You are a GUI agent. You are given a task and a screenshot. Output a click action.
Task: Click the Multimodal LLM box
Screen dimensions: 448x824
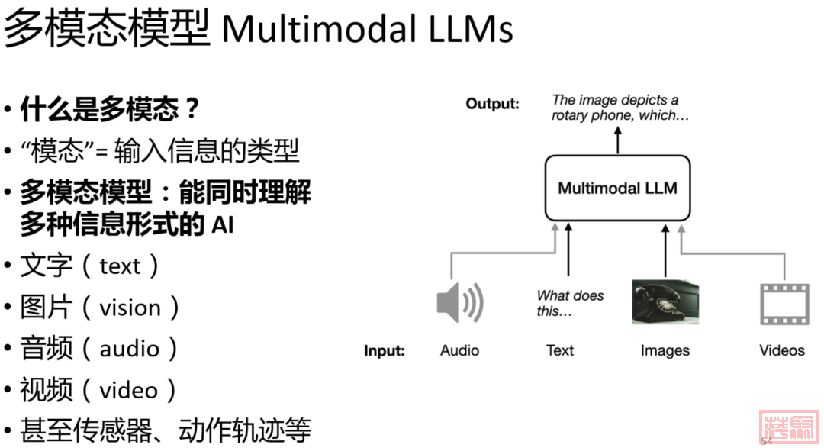point(617,188)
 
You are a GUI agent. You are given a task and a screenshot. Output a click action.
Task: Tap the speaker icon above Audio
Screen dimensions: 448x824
point(459,303)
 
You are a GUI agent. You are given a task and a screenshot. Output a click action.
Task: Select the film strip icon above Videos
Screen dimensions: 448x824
point(784,303)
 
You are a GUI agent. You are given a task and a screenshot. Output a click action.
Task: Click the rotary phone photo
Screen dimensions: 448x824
point(665,302)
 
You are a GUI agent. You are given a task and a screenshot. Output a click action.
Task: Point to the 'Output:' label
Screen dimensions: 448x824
point(492,104)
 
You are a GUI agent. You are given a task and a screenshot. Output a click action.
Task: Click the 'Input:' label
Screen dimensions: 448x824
point(384,351)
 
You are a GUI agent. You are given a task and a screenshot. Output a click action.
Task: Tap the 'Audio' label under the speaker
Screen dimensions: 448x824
point(459,350)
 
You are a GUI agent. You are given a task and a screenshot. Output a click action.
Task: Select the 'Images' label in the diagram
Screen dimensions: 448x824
point(665,350)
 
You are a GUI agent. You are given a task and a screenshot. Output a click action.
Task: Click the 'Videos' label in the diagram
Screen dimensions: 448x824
point(782,350)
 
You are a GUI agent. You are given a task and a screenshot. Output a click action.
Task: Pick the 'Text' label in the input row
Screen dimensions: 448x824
point(560,350)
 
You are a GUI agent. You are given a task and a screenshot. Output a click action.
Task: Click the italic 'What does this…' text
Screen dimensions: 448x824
point(569,303)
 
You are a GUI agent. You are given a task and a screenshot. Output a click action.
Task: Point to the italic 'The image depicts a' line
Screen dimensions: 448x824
point(615,100)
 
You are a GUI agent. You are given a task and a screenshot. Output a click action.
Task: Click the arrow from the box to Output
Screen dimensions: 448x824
point(618,141)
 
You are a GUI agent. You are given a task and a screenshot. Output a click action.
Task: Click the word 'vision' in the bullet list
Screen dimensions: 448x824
point(130,308)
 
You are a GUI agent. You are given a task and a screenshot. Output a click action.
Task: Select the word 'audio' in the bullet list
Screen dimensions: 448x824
point(129,349)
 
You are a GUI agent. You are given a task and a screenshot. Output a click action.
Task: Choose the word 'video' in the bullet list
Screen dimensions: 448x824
point(128,391)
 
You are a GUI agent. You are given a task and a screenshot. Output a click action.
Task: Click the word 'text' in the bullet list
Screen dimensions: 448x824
point(120,266)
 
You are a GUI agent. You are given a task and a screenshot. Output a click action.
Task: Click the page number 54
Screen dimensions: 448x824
point(767,441)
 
